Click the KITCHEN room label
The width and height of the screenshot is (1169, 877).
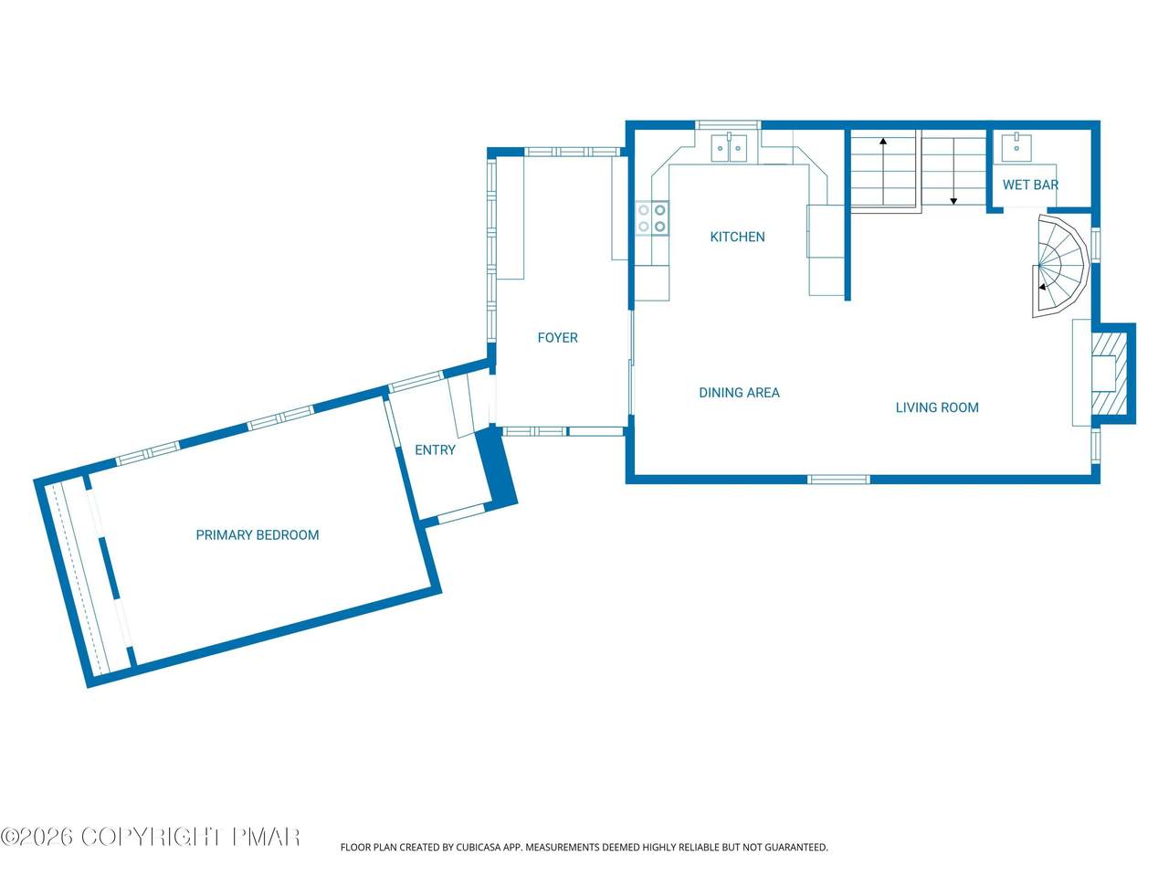(737, 237)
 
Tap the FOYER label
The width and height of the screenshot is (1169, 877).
(557, 338)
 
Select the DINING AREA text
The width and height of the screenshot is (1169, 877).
(739, 393)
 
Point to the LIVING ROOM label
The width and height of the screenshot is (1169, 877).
(937, 407)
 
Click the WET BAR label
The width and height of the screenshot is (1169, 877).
(1030, 185)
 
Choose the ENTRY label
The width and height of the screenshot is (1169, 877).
(435, 450)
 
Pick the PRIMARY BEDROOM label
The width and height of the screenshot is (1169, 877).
(258, 534)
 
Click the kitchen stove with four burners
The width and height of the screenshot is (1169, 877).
(652, 217)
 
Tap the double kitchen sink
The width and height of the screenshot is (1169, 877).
(729, 147)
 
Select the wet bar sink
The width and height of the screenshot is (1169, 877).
(1016, 147)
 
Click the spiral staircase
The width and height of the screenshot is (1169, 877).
(1059, 265)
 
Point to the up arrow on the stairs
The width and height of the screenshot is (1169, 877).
(883, 171)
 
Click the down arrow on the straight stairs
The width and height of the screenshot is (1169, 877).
(953, 172)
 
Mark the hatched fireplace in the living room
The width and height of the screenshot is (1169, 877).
(1110, 374)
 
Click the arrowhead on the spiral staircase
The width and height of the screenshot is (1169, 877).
(1042, 287)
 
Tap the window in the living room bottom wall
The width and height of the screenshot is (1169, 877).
(838, 480)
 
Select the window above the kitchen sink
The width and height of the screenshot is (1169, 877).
(729, 124)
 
